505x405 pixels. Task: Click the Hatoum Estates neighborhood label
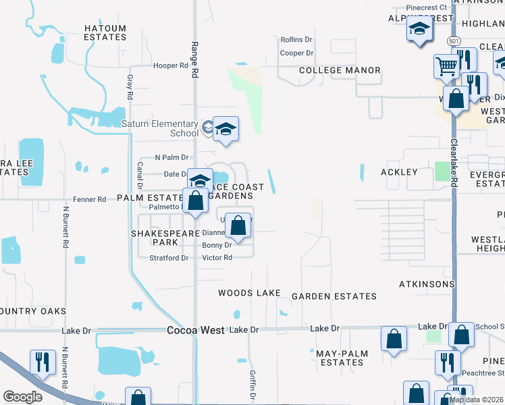105,32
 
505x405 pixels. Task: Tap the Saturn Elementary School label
160,128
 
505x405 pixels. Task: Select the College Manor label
340,70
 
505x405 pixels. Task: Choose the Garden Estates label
334,296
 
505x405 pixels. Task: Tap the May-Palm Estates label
340,357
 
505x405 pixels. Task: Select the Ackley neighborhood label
399,172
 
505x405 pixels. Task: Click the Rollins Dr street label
296,40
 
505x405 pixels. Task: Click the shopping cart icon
446,66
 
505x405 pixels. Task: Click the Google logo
22,397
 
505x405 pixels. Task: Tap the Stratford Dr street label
169,258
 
